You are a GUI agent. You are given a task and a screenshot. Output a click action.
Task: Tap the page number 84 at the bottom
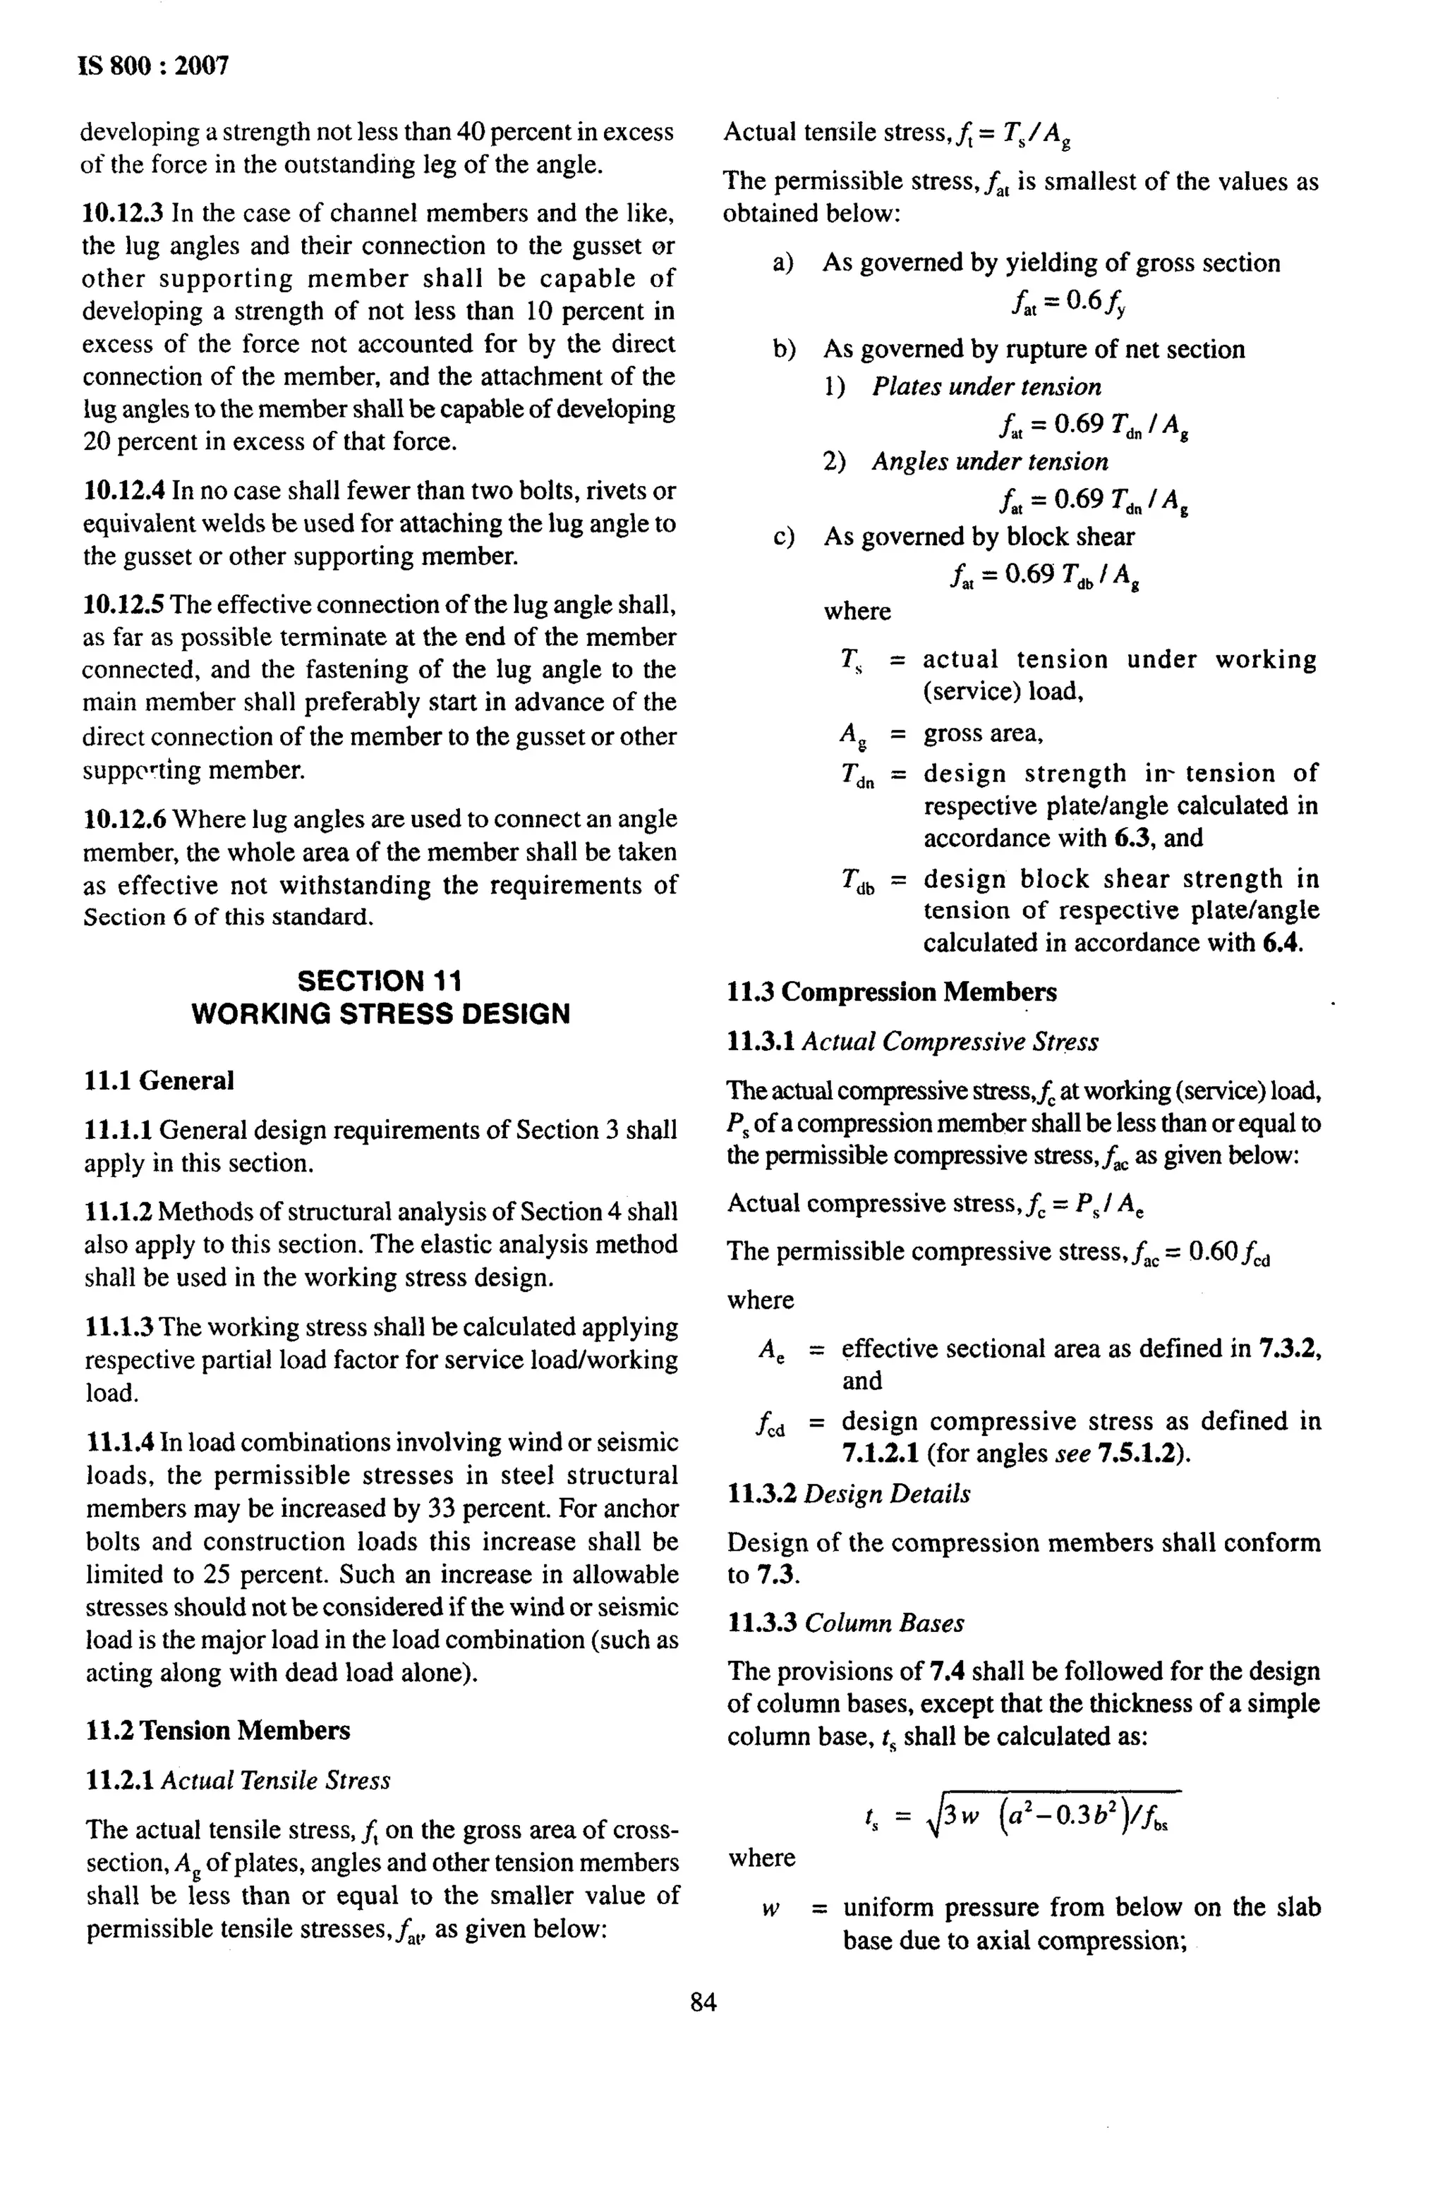click(x=703, y=2002)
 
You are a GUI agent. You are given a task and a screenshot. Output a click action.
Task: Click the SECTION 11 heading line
click(x=380, y=980)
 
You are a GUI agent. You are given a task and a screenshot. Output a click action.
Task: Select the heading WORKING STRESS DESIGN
click(x=380, y=1013)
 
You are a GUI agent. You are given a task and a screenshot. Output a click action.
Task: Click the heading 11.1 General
click(x=159, y=1080)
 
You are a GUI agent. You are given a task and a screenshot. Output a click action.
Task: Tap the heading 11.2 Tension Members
click(x=217, y=1730)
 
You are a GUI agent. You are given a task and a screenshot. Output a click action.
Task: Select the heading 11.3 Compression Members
click(x=891, y=992)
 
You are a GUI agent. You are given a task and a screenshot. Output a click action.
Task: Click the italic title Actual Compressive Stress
click(x=950, y=1042)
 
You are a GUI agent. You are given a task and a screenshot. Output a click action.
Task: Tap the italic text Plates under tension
click(x=986, y=387)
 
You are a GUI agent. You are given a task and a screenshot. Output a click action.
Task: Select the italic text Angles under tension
click(x=990, y=461)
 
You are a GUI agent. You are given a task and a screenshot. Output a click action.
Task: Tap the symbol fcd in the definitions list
click(x=770, y=1423)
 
